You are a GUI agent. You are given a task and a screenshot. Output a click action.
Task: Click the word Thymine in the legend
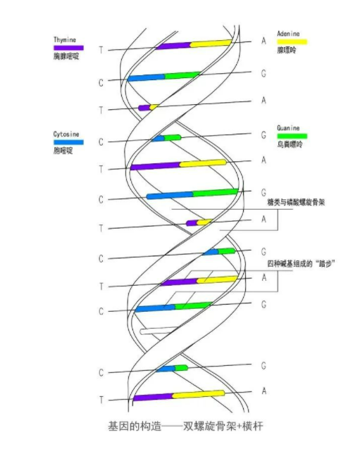click(65, 40)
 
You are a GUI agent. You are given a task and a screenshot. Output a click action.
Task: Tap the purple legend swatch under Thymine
click(68, 48)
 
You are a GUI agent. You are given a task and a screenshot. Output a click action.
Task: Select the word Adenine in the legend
click(288, 34)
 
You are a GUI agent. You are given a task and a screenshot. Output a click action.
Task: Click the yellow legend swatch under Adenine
click(292, 42)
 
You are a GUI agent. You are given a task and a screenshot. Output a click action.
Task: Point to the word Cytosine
click(66, 134)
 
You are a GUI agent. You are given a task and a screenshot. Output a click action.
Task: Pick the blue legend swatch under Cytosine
click(68, 142)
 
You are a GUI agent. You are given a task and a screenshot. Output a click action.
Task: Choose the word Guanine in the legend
click(288, 128)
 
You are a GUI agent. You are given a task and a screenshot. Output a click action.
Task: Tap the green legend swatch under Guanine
click(292, 136)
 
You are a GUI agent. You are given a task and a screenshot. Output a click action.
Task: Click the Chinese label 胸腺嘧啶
click(66, 56)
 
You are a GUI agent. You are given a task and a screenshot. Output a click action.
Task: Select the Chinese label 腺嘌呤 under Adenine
click(286, 50)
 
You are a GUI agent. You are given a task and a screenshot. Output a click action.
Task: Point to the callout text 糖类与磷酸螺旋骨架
click(296, 203)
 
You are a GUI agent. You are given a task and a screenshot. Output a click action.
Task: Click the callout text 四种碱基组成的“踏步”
click(301, 263)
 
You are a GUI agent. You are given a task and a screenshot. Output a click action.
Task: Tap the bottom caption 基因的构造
click(135, 426)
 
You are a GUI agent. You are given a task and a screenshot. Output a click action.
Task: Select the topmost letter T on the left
click(101, 50)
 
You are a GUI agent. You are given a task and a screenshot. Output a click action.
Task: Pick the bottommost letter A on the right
click(264, 391)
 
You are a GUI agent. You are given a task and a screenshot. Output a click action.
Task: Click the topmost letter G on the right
click(263, 74)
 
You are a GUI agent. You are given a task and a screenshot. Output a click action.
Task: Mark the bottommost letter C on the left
click(101, 372)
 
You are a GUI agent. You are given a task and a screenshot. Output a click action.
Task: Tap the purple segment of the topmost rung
click(173, 46)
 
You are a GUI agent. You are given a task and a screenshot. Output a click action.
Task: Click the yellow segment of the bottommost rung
click(198, 394)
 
